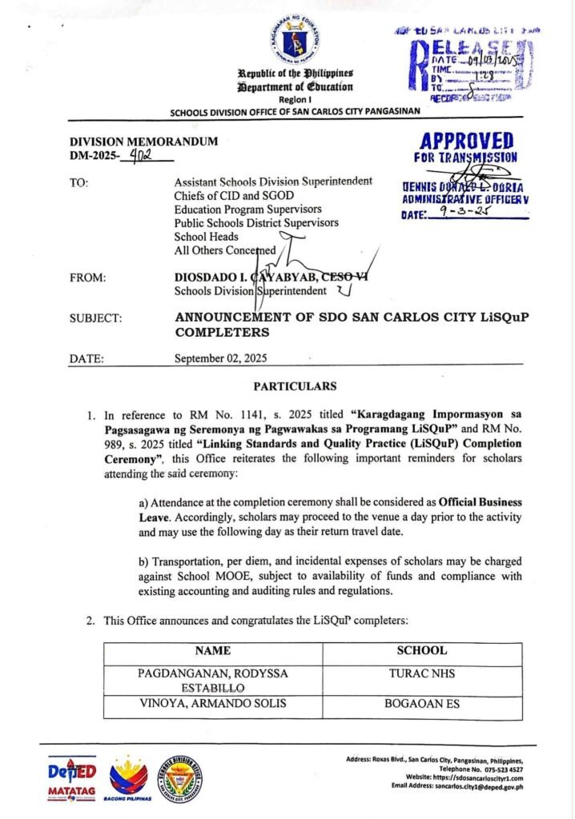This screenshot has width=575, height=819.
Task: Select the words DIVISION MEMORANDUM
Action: click(143, 142)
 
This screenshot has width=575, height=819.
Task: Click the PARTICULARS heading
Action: click(295, 387)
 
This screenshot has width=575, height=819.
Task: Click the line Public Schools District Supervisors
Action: click(256, 222)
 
